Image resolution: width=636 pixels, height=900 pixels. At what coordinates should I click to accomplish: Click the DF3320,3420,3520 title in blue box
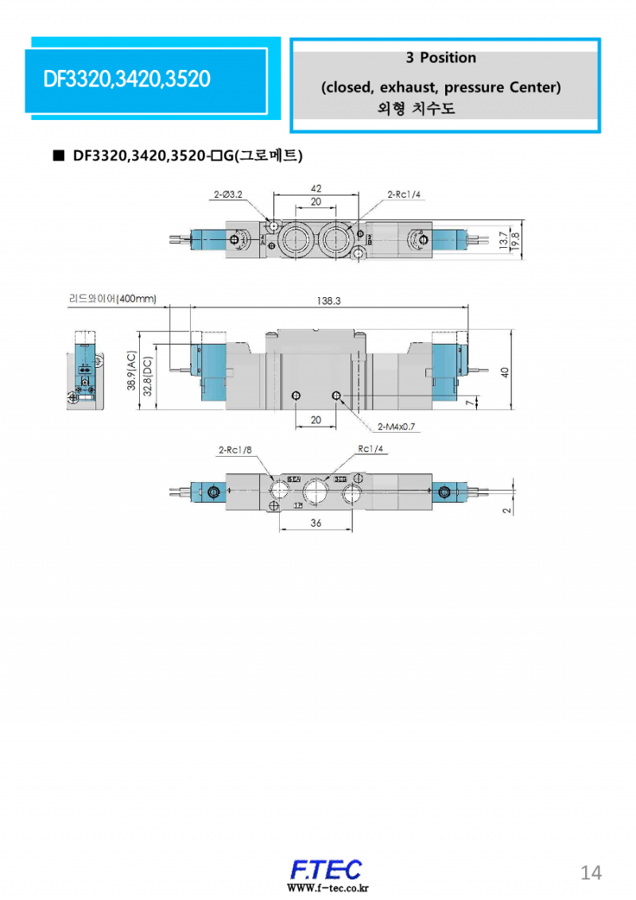point(127,79)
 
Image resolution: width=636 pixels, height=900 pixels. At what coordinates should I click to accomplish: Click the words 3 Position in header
point(440,58)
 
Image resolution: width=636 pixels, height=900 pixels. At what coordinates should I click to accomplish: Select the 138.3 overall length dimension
point(328,301)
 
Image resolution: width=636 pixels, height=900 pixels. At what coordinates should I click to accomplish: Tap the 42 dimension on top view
point(316,189)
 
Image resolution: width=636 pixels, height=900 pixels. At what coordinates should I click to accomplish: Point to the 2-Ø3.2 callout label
point(228,194)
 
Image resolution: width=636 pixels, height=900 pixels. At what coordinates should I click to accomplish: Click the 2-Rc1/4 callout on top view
point(405,194)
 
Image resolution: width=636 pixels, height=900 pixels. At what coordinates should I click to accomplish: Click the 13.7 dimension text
point(502,241)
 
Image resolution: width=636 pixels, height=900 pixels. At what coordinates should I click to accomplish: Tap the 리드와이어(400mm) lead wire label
point(112,299)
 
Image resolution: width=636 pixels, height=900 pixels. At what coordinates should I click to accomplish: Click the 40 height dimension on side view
point(504,372)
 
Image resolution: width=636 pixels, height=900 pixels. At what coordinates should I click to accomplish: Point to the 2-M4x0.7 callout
point(396,427)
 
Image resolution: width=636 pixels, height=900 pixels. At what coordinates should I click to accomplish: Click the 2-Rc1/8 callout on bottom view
point(235,450)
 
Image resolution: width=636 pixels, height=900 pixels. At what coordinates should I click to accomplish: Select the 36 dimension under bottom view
point(316,523)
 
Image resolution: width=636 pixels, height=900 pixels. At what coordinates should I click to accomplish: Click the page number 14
point(591,873)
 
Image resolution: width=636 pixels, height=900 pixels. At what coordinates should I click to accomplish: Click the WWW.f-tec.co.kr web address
point(328,888)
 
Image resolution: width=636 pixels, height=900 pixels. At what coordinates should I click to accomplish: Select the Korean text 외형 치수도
point(416,109)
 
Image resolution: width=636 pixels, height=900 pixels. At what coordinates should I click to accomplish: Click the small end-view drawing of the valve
point(85,370)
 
